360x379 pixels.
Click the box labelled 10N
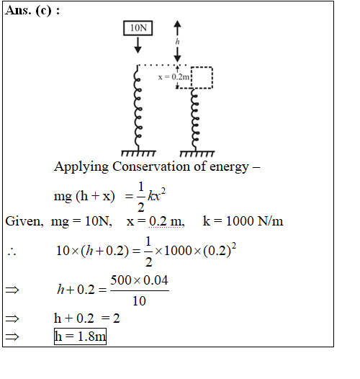[x=138, y=28]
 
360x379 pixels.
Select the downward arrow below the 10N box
[x=138, y=45]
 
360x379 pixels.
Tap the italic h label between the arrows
[x=178, y=42]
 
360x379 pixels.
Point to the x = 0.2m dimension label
[x=174, y=77]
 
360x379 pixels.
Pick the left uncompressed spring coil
[x=138, y=107]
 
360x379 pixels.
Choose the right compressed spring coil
[x=195, y=120]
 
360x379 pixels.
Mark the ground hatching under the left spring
[x=138, y=153]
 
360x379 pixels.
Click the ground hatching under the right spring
[x=197, y=153]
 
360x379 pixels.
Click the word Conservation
[x=151, y=166]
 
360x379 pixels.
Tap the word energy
[x=229, y=167]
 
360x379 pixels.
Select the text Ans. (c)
[x=29, y=11]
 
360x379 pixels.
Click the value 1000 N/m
[x=255, y=221]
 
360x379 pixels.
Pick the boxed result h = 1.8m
[x=80, y=336]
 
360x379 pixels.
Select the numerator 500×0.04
[x=139, y=280]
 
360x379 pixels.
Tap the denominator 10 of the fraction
[x=139, y=301]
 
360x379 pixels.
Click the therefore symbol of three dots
[x=12, y=252]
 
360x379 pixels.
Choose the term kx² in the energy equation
[x=156, y=195]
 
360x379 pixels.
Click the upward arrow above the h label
[x=178, y=28]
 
